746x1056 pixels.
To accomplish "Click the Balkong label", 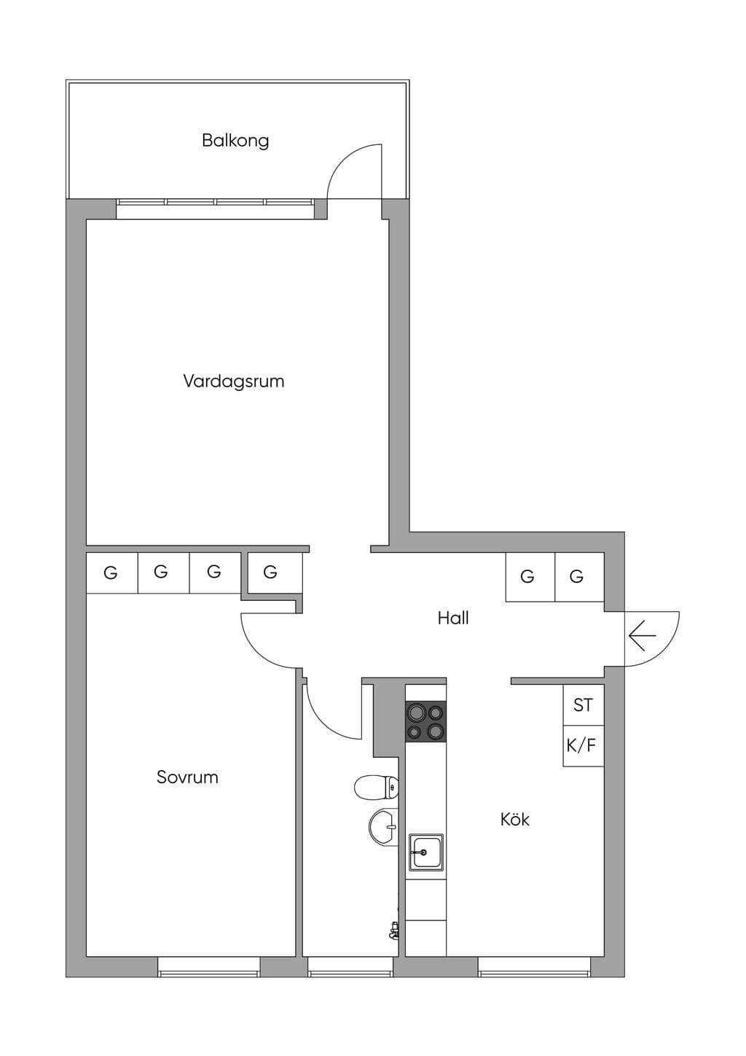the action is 235,141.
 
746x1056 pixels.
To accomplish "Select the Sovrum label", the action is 187,777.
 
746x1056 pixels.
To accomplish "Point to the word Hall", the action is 453,618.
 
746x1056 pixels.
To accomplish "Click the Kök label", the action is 515,819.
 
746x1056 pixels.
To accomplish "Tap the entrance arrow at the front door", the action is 642,636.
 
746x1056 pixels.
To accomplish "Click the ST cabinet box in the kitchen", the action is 584,704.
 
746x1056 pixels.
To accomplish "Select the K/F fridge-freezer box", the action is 584,746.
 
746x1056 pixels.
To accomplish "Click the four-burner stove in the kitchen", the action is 425,722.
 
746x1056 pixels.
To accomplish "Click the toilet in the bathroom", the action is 377,788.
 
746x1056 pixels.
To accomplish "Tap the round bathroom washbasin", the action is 383,826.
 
